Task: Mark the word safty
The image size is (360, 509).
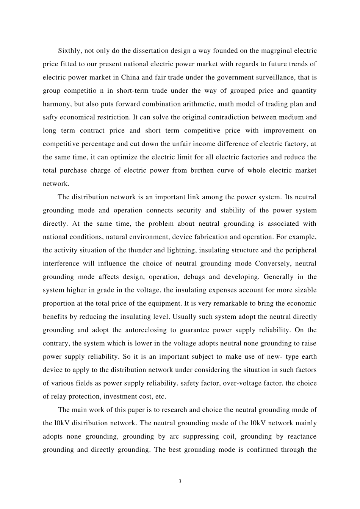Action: click(50, 117)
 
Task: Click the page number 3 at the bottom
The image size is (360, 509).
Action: click(180, 481)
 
